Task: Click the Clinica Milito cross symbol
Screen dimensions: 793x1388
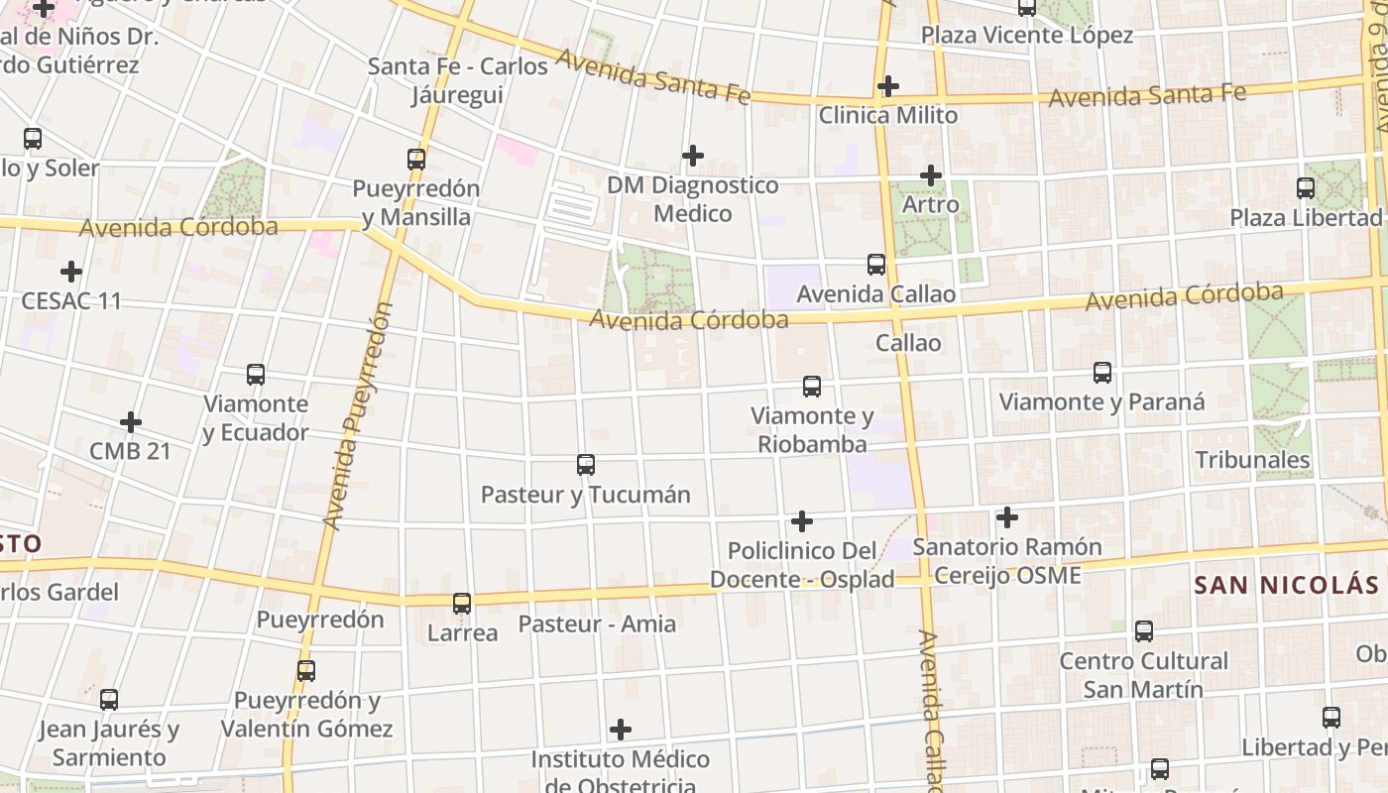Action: click(x=887, y=86)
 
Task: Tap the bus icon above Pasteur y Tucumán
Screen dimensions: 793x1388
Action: click(x=586, y=465)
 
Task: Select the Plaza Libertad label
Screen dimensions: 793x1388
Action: click(x=1306, y=217)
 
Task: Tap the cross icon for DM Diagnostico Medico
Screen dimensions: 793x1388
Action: click(x=693, y=156)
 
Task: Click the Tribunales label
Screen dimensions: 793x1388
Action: click(x=1252, y=460)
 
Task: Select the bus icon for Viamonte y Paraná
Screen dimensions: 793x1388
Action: click(x=1101, y=373)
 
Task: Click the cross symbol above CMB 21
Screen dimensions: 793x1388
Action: click(x=130, y=422)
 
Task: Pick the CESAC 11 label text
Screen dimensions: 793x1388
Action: click(x=71, y=300)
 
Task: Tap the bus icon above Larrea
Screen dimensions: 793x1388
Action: click(x=462, y=603)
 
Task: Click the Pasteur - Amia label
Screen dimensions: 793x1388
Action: click(x=597, y=624)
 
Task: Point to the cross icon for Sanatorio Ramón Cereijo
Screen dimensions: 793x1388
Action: click(x=1006, y=517)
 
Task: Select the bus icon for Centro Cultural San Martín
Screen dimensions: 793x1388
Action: click(x=1143, y=631)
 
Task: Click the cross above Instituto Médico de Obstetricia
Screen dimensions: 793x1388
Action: click(x=621, y=731)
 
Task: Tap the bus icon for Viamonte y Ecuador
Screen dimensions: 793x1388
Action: click(x=256, y=375)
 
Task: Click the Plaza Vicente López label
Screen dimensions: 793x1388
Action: click(x=1027, y=36)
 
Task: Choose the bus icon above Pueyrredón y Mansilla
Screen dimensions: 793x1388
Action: click(x=416, y=159)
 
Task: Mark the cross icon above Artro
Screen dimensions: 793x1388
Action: click(x=930, y=175)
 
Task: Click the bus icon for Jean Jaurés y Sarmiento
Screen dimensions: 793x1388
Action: click(x=109, y=700)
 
